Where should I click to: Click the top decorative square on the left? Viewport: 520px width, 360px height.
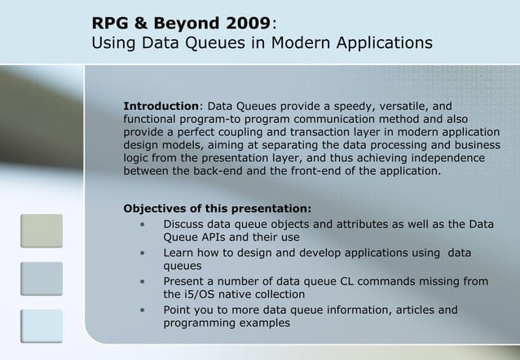click(x=42, y=230)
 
